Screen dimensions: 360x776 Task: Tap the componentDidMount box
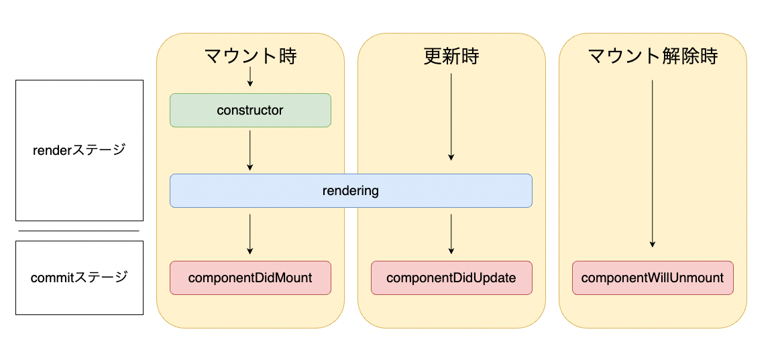pos(250,278)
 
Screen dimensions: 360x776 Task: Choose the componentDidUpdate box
pos(451,278)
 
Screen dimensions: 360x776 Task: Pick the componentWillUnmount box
pos(653,278)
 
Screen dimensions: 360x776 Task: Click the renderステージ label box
pos(79,150)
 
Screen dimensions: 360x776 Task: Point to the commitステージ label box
pos(79,278)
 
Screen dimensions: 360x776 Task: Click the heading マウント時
pos(250,56)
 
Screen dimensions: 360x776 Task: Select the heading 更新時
pos(451,56)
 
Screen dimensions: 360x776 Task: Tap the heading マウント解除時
pos(653,56)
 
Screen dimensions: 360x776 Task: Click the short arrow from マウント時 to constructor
pos(250,76)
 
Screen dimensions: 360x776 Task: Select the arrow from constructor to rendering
pos(250,150)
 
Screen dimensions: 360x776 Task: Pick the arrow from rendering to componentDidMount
pos(250,234)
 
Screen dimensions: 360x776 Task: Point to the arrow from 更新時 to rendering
pos(451,117)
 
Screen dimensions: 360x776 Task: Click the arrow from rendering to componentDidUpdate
pos(451,234)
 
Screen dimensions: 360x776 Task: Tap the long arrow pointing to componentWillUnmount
pos(653,164)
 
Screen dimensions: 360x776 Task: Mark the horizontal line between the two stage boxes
pos(79,231)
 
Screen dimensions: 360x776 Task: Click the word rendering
pos(351,190)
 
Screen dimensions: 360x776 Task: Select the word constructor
pos(250,110)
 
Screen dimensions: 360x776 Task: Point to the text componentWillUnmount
pos(653,278)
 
